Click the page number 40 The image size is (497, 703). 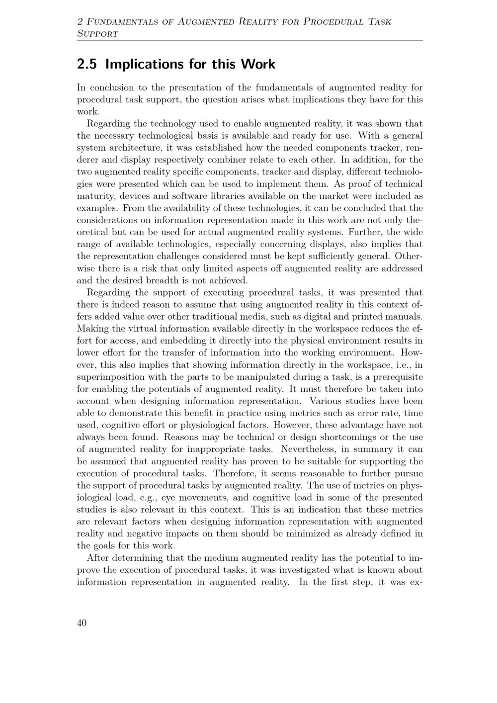[x=82, y=623]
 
